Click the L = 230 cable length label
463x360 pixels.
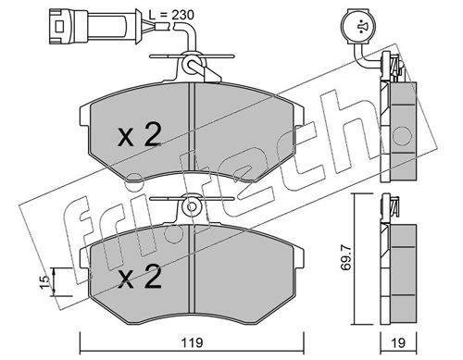[x=171, y=15]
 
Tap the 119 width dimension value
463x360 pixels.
[x=192, y=342]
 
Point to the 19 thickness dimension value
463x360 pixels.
[x=398, y=342]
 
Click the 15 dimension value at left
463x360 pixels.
[x=44, y=282]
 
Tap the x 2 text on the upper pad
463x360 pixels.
[x=140, y=134]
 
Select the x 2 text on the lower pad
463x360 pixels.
[x=140, y=277]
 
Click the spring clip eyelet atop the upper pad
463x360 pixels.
[x=191, y=64]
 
